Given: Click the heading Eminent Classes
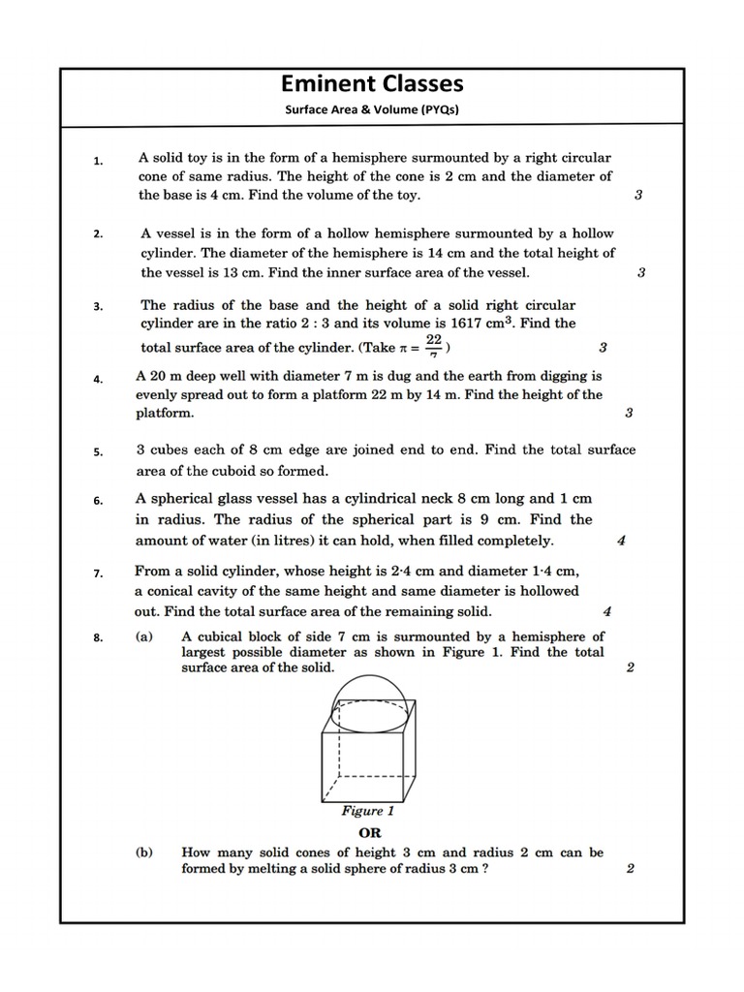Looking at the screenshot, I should (x=372, y=83).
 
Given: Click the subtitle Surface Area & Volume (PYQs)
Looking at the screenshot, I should (x=371, y=109).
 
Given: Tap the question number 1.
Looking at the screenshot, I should (x=98, y=162).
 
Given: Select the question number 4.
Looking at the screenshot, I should (x=98, y=380).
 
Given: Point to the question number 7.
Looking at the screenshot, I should (x=98, y=573).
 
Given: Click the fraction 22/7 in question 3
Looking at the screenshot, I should (x=434, y=345).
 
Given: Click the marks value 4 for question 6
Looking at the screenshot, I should (x=621, y=541).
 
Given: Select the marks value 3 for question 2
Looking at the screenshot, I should (x=640, y=272).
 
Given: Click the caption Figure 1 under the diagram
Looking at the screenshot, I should (x=368, y=810).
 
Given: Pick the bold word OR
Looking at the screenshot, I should (x=370, y=832).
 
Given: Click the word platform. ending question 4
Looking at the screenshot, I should (x=165, y=413).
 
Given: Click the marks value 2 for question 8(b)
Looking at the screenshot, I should (x=630, y=868).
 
